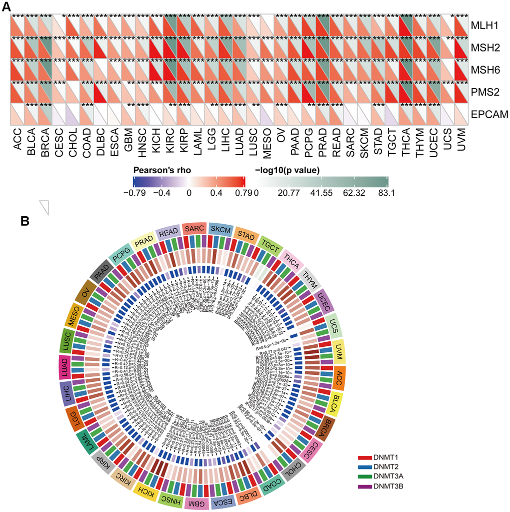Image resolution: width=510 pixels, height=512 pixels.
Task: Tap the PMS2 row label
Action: point(483,92)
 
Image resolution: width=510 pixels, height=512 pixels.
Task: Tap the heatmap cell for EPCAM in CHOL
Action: point(73,115)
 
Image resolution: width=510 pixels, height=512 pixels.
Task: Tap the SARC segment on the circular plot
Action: point(194,229)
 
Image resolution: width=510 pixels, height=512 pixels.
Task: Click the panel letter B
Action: point(24,221)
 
